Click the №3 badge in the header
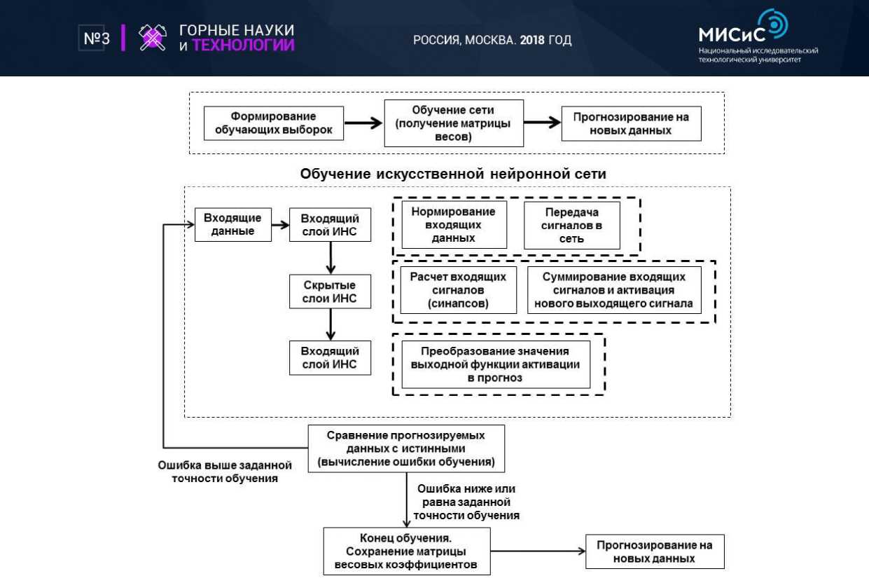point(94,39)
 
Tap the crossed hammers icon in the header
point(152,39)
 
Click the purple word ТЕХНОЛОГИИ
point(243,46)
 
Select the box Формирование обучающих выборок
point(274,123)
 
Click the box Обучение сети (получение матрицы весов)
point(454,123)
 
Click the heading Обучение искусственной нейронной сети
point(453,173)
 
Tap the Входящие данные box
point(232,225)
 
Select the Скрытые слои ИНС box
point(330,292)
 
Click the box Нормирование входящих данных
point(453,225)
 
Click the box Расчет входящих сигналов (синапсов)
point(458,289)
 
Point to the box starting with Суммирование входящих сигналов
point(613,289)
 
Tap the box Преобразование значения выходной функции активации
point(494,364)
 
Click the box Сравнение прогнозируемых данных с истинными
point(406,448)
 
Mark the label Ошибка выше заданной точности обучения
point(225,472)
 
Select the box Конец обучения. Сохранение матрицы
point(406,551)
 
